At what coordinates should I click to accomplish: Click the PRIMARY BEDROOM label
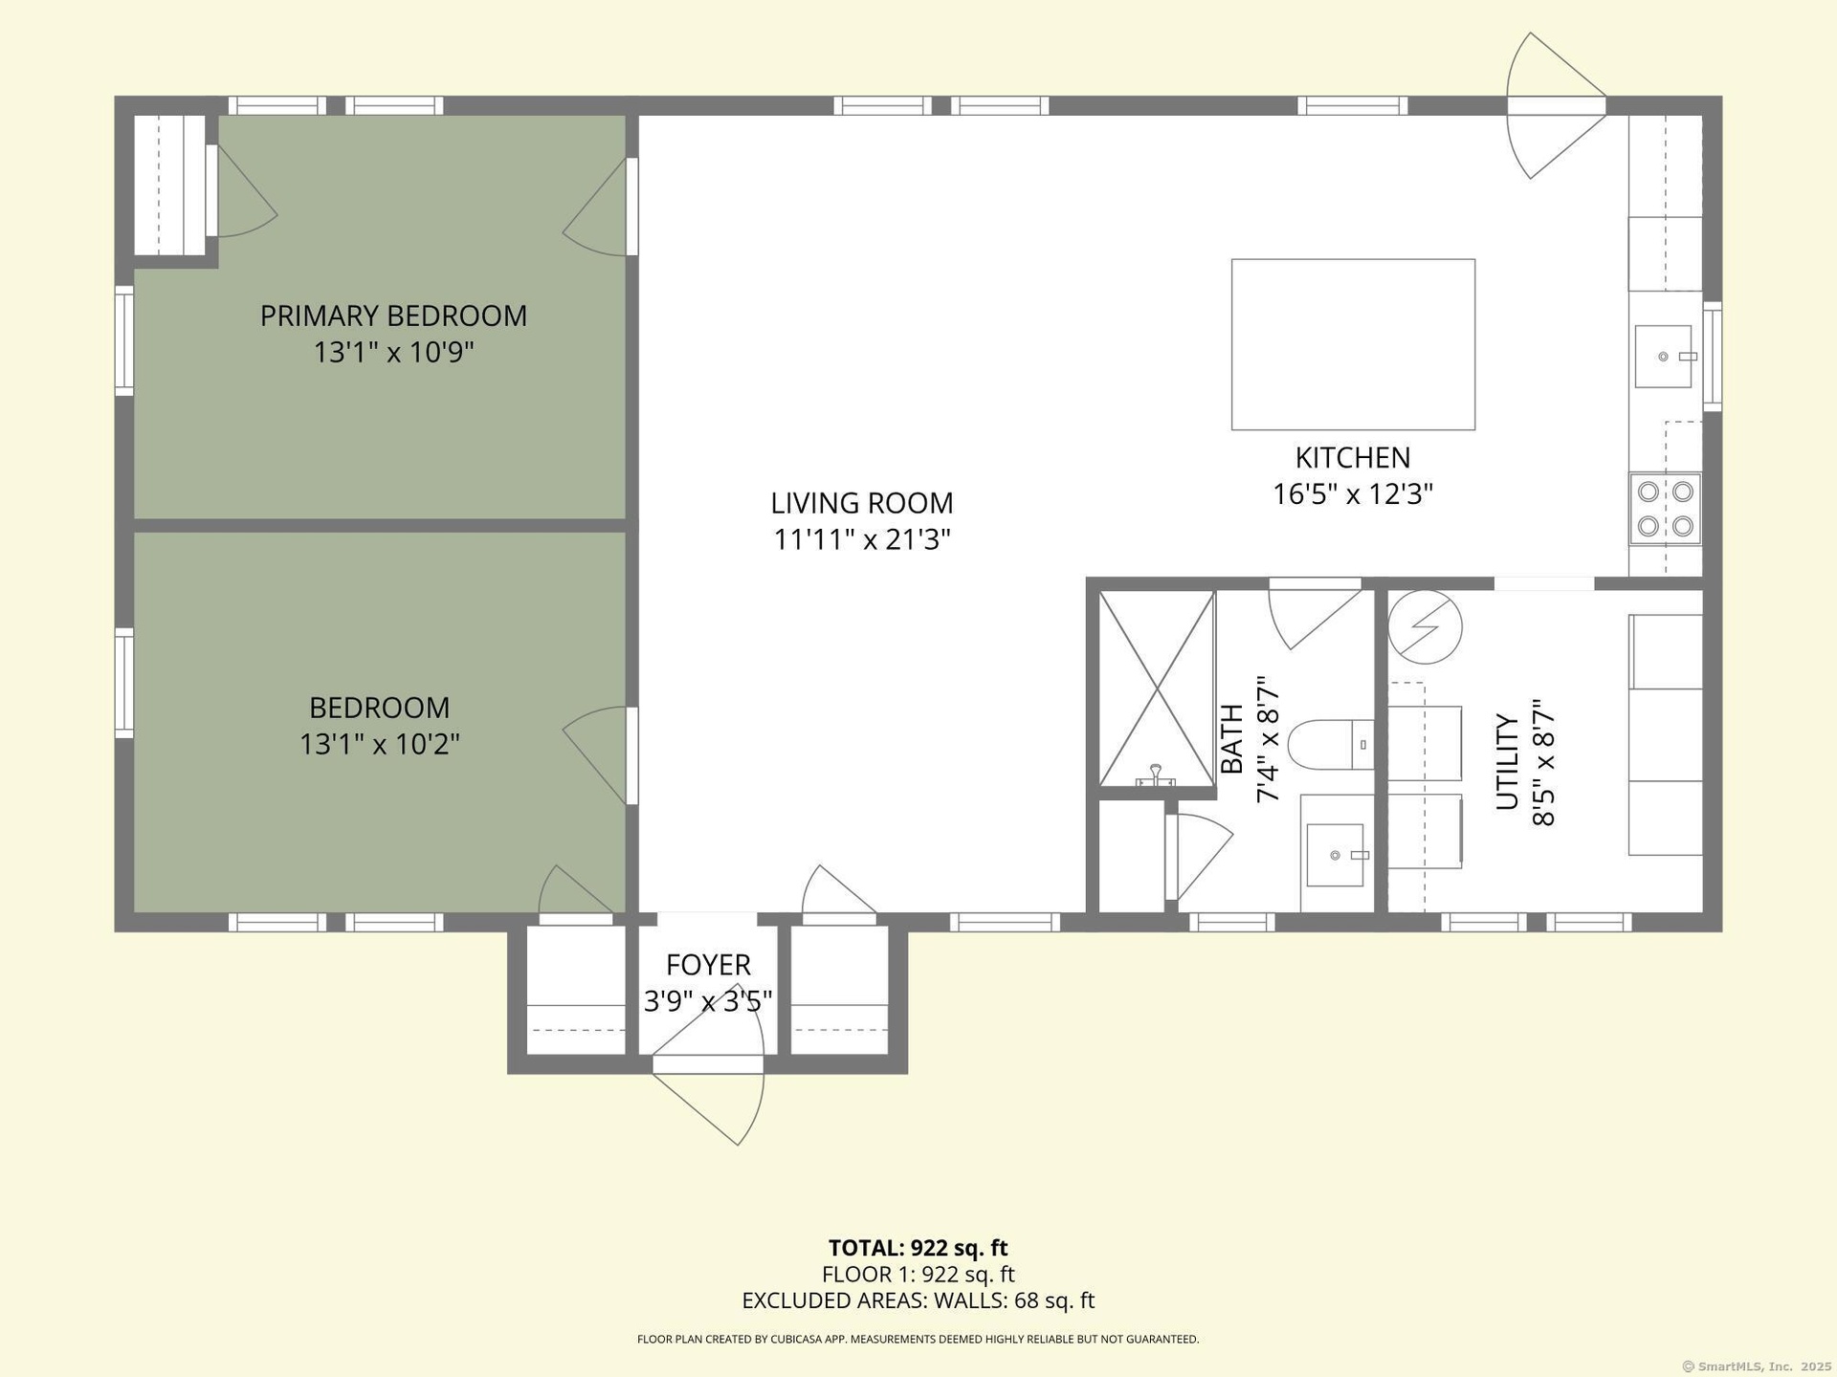(x=393, y=316)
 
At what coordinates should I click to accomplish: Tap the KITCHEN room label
(x=1352, y=457)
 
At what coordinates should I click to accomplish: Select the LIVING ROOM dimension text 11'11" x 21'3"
(x=862, y=540)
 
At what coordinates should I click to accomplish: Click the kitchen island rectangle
(x=1353, y=344)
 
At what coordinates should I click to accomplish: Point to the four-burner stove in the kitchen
(x=1665, y=509)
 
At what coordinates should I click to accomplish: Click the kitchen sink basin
(x=1664, y=357)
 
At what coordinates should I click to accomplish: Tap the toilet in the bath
(x=1331, y=745)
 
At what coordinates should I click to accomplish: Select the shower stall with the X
(x=1157, y=688)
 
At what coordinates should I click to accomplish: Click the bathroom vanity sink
(x=1335, y=855)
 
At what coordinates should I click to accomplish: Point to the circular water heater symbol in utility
(x=1426, y=627)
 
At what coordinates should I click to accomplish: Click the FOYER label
(x=708, y=965)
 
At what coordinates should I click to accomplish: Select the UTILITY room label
(x=1507, y=762)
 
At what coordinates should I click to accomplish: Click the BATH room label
(x=1232, y=739)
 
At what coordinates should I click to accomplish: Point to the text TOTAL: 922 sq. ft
(x=918, y=1248)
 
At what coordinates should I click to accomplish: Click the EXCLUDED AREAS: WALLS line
(x=918, y=1300)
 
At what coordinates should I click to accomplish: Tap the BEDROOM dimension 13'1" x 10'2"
(x=380, y=744)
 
